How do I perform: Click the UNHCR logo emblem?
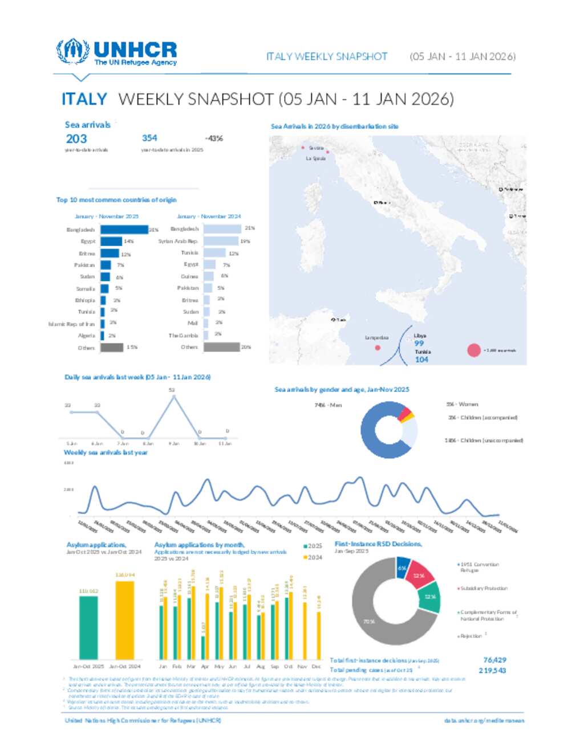tap(72, 52)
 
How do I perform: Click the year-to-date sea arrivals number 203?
tap(76, 138)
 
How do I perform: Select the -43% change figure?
tap(214, 138)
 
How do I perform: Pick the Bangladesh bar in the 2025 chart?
tap(124, 230)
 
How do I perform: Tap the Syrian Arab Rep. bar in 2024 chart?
tap(220, 241)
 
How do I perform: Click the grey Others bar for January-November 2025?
tap(112, 347)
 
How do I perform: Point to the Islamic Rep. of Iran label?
tap(72, 324)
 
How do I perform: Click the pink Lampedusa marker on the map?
tap(378, 347)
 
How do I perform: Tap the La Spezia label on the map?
tap(316, 158)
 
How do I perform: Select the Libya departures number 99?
tap(419, 343)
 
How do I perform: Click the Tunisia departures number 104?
tap(421, 360)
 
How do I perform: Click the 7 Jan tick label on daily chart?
tap(123, 443)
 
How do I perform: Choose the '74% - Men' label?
tap(328, 405)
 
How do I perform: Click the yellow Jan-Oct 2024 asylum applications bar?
tap(125, 619)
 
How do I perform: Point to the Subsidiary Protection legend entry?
tap(484, 588)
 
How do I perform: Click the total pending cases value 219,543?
tap(492, 671)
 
